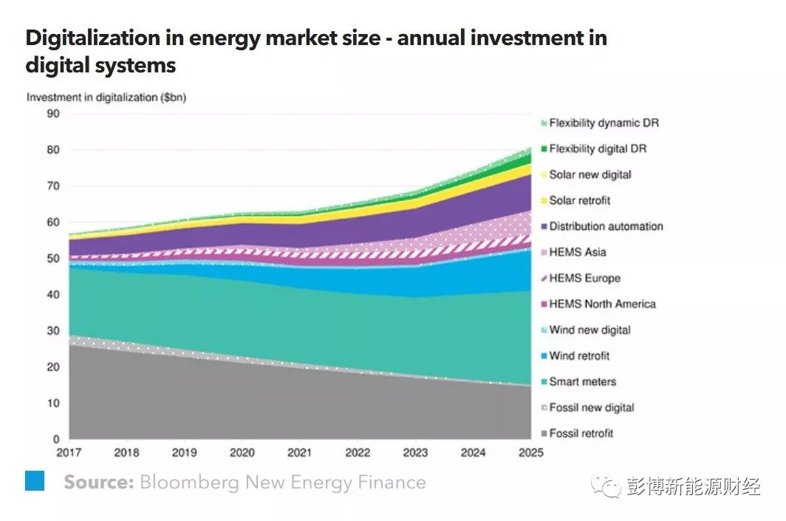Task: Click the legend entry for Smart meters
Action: point(582,381)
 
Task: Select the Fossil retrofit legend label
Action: point(581,433)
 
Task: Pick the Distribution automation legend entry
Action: point(606,226)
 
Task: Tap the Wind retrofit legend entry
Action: point(579,355)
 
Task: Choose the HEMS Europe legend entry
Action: point(584,278)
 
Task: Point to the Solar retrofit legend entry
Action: point(579,200)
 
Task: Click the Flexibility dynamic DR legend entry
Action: point(604,123)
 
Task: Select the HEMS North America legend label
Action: point(602,304)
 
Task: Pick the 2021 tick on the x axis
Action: point(300,452)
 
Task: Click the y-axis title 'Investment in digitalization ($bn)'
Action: point(106,97)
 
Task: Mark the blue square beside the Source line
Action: point(35,481)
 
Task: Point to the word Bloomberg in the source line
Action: point(189,483)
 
